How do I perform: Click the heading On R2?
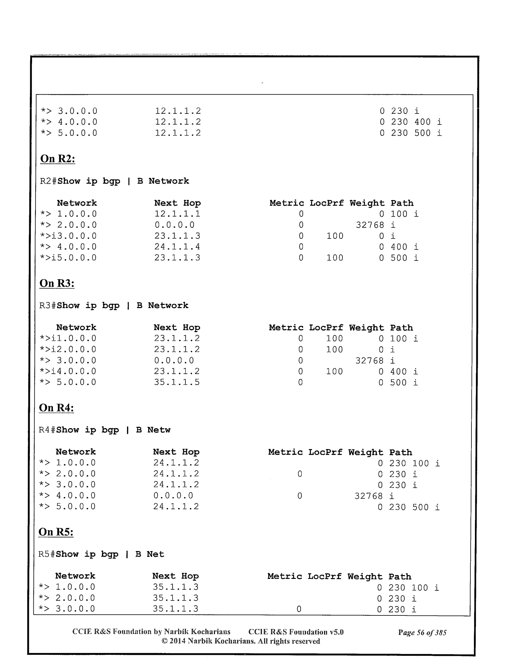click(x=58, y=159)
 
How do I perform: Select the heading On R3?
click(x=57, y=283)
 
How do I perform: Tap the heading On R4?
click(x=56, y=408)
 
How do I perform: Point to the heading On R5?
click(x=56, y=532)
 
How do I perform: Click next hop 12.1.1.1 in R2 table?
click(x=177, y=214)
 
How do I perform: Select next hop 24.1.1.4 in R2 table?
click(x=177, y=247)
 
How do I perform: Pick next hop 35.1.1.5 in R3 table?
click(x=177, y=382)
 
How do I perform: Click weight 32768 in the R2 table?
click(x=370, y=225)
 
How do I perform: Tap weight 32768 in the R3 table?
click(x=369, y=361)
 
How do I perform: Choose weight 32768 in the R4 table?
click(x=368, y=496)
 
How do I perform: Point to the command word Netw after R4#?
click(x=159, y=430)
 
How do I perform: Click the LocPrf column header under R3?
click(x=326, y=328)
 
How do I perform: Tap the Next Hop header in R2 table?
click(x=177, y=203)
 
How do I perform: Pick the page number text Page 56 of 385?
click(x=422, y=632)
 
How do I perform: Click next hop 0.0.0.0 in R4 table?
click(x=173, y=496)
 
